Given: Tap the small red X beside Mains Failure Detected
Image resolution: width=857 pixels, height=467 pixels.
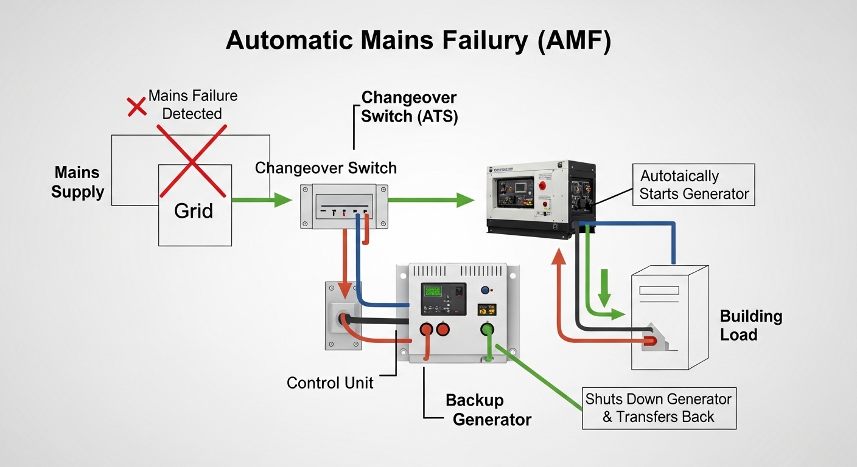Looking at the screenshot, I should click(136, 106).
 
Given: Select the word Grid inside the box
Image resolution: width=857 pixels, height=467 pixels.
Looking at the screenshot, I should click(194, 211).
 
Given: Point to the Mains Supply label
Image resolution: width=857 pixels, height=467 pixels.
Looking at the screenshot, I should click(78, 182).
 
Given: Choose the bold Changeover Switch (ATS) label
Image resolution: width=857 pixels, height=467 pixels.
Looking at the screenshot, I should click(409, 107).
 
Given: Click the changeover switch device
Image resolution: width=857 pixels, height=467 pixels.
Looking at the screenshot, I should click(344, 207).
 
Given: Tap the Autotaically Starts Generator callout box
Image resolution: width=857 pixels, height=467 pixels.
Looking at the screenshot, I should click(693, 185).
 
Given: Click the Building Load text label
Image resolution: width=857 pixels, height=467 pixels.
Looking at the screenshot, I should click(750, 325).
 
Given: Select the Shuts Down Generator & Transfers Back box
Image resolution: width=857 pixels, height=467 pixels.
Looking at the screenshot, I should click(659, 408).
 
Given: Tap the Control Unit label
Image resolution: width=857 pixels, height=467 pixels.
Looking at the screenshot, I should click(330, 382).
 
